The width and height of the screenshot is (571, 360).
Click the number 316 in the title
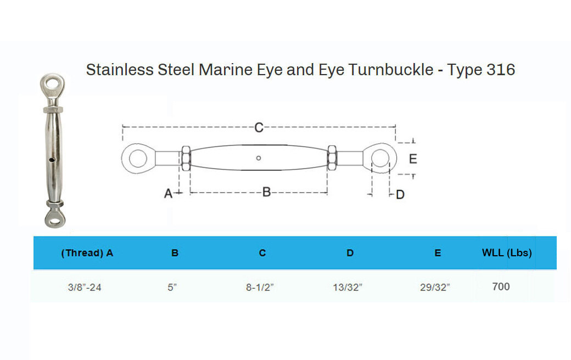pos(500,70)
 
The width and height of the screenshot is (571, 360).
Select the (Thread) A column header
pos(87,253)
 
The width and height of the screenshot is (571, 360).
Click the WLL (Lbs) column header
pos(507,253)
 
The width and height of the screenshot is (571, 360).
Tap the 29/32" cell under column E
pos(435,287)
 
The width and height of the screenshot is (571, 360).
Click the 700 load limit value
pos(501,286)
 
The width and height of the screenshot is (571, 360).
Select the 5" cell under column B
pos(172,287)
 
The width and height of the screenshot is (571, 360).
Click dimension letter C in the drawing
pos(259,128)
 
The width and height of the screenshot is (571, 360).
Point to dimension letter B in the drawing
pos(266,192)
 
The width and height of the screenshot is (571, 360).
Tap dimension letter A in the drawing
pos(169,193)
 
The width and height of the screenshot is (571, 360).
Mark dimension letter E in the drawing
pos(413,159)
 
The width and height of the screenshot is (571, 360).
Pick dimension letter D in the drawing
pos(400,194)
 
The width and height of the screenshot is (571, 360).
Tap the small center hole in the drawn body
pos(259,159)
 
